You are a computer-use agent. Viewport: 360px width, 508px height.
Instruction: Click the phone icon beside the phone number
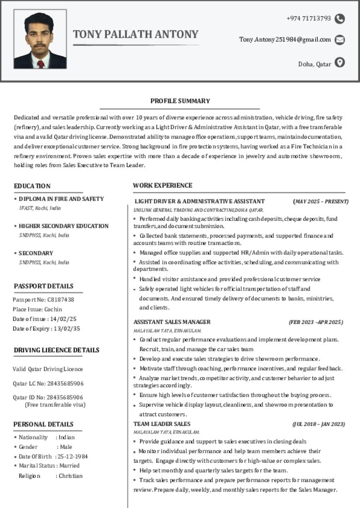click(x=340, y=19)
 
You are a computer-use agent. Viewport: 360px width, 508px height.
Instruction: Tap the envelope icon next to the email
click(x=340, y=40)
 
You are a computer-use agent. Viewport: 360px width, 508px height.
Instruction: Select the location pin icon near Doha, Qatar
click(x=340, y=63)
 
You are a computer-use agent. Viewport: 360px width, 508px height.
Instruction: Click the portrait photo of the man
click(x=40, y=40)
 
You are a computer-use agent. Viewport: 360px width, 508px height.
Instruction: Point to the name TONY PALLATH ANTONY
click(x=136, y=34)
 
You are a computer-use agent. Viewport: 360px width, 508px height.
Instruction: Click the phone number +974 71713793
click(x=308, y=18)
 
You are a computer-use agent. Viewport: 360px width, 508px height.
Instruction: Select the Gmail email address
click(x=285, y=40)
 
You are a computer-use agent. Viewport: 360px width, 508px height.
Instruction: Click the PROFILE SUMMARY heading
click(x=180, y=101)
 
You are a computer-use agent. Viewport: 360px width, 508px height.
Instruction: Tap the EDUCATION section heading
click(x=32, y=186)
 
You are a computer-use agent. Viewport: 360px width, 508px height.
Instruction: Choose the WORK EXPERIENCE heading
click(x=162, y=186)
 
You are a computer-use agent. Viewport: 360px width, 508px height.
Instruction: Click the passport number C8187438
click(x=61, y=300)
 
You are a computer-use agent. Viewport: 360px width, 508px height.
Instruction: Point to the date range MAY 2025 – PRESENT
click(x=321, y=201)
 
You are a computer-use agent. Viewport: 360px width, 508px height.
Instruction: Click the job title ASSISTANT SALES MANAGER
click(x=172, y=322)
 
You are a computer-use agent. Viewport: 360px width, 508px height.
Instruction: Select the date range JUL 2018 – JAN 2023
click(x=318, y=424)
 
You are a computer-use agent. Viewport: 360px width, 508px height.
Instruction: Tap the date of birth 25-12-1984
click(x=73, y=456)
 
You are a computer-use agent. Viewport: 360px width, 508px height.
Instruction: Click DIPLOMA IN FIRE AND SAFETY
click(x=61, y=199)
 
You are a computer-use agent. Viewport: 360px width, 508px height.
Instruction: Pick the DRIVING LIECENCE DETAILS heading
click(x=57, y=350)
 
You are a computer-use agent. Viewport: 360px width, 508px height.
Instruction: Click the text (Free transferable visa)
click(x=55, y=405)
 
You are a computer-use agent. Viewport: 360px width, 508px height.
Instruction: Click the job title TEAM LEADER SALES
click(x=162, y=424)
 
